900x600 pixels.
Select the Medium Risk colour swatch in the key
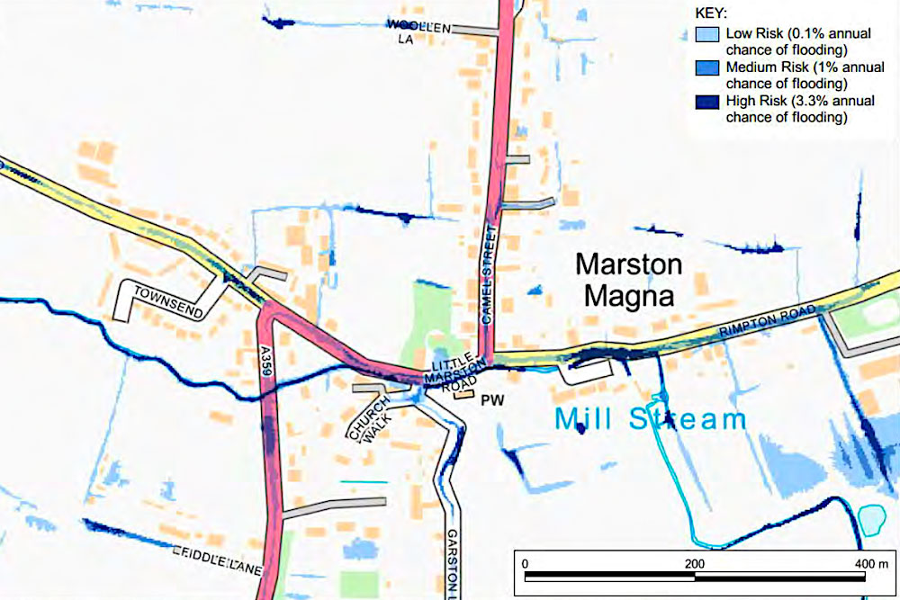pyautogui.click(x=707, y=68)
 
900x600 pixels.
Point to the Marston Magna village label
pyautogui.click(x=629, y=280)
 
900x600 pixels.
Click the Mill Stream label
pyautogui.click(x=651, y=419)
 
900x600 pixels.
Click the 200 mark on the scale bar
pyautogui.click(x=694, y=562)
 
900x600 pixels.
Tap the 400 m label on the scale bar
pyautogui.click(x=869, y=562)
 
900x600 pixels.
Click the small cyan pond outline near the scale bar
pyautogui.click(x=870, y=519)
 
